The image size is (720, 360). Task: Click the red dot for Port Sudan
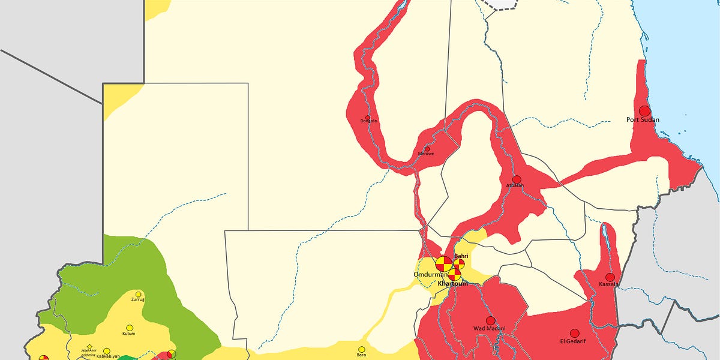[x=644, y=111]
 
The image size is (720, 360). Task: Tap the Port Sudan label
[x=643, y=120]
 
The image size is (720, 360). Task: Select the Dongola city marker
[x=368, y=117]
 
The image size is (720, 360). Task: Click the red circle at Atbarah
[x=517, y=179]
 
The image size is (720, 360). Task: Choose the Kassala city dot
[x=610, y=277]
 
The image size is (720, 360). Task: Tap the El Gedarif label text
[x=572, y=341]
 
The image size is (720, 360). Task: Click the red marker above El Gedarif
[x=574, y=333]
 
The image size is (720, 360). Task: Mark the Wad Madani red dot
[x=490, y=321]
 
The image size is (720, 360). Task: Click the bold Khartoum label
[x=452, y=283]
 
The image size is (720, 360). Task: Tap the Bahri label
[x=461, y=256]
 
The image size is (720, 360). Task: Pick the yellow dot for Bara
[x=362, y=349]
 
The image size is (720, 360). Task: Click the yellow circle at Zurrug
[x=139, y=295]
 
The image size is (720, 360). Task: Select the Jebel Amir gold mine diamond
[x=89, y=346]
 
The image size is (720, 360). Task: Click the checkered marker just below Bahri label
[x=458, y=263]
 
